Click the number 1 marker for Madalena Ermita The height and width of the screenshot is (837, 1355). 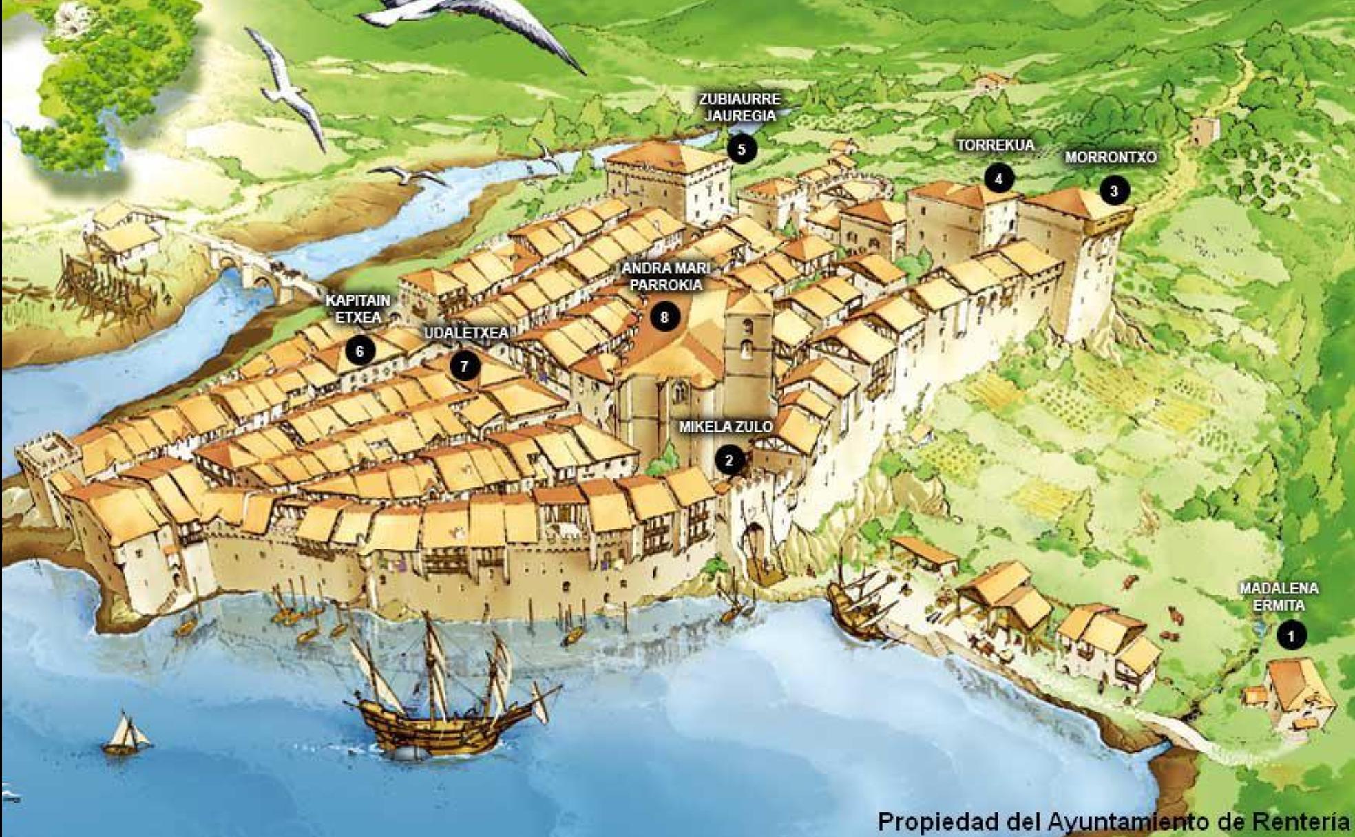1291,635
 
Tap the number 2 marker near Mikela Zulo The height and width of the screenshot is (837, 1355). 729,460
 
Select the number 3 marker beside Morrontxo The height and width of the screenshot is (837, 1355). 1114,191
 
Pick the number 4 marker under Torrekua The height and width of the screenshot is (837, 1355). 998,179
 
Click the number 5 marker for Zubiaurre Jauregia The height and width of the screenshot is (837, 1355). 741,149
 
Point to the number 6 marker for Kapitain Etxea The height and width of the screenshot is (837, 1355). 359,351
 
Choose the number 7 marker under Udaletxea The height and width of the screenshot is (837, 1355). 465,365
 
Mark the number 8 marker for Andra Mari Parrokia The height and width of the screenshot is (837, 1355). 664,317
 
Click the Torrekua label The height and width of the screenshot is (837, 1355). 995,145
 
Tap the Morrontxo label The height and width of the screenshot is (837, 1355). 1110,158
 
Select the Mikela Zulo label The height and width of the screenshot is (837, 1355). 725,427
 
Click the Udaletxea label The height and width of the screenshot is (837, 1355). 466,333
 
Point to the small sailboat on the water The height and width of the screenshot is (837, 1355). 125,735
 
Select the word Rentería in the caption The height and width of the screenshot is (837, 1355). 1301,821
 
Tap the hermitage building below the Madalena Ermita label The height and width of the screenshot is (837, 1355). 1294,692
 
